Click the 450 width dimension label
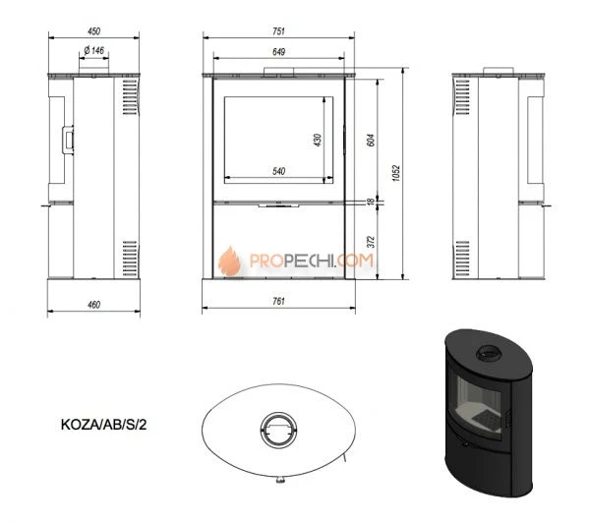[x=94, y=31]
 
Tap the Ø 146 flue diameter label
[x=94, y=50]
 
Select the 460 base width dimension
[x=94, y=305]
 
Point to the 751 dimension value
[x=278, y=31]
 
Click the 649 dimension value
[x=278, y=52]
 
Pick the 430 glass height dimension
[x=318, y=140]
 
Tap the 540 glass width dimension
[x=278, y=171]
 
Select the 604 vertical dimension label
[x=371, y=140]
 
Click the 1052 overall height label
[x=396, y=173]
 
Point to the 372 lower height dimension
[x=371, y=242]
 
